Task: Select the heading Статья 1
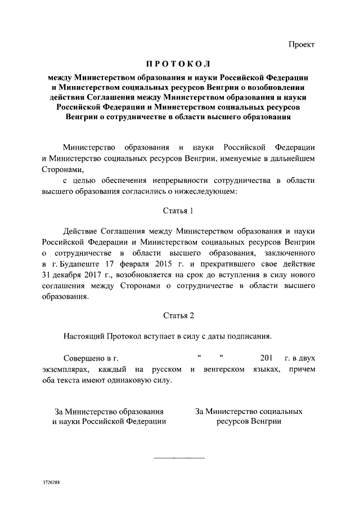pyautogui.click(x=178, y=211)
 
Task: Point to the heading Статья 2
pyautogui.click(x=178, y=316)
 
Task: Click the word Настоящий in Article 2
pyautogui.click(x=85, y=336)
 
